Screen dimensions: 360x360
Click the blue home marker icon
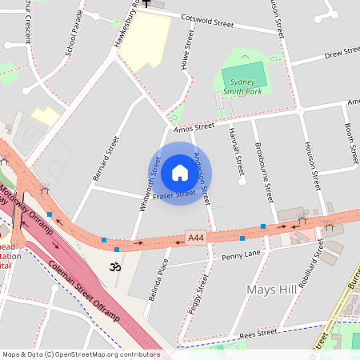[x=180, y=173]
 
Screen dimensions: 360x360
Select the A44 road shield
[x=196, y=238]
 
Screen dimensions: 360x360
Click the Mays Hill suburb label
[x=273, y=289]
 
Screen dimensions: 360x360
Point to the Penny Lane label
[x=242, y=255]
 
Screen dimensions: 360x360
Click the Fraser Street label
[x=174, y=194]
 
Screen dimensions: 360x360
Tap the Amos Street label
[x=194, y=126]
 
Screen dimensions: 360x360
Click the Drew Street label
[x=342, y=54]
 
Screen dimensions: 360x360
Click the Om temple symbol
[x=114, y=265]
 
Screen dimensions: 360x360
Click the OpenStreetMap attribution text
[x=81, y=354]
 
